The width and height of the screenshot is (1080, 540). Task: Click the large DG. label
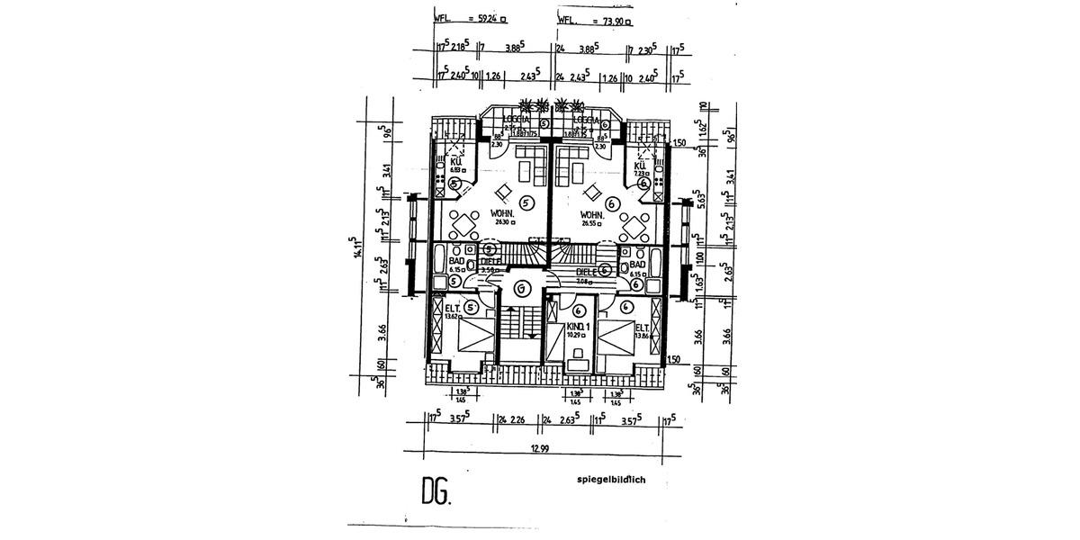(x=437, y=491)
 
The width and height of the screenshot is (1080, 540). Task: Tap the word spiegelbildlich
(x=624, y=480)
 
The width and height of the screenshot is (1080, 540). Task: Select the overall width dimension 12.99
(x=540, y=447)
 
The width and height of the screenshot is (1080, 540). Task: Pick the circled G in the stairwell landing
(x=522, y=288)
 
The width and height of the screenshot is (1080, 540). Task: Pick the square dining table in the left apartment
(x=464, y=221)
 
